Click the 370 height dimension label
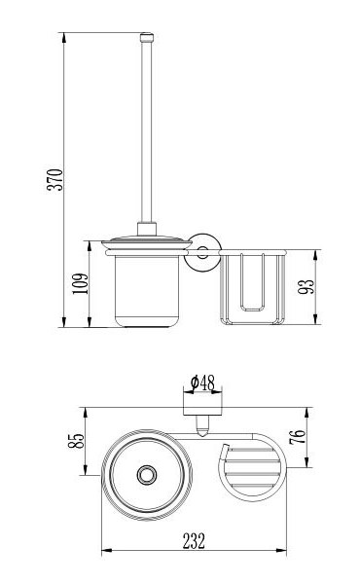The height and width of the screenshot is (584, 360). (x=54, y=180)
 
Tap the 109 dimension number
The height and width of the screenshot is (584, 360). (x=81, y=284)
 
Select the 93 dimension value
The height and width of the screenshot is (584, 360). (x=306, y=286)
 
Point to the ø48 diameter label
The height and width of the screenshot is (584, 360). (x=203, y=383)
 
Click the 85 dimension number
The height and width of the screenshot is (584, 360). (x=76, y=441)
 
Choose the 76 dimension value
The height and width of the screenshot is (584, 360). (x=298, y=437)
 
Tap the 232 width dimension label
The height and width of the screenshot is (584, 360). (x=194, y=541)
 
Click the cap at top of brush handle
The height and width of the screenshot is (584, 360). (x=147, y=37)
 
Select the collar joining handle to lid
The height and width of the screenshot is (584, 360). (x=147, y=229)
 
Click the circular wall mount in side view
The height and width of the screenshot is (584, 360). (x=203, y=252)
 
